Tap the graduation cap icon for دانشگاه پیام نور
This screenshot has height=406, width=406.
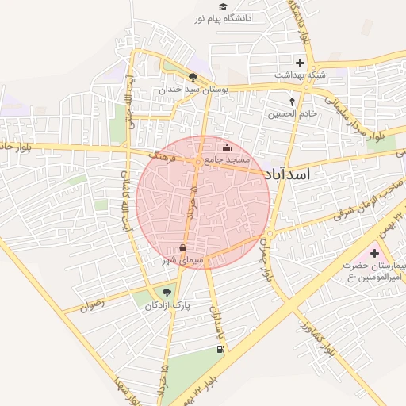tap(223, 6)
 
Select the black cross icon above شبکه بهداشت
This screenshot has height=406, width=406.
tap(301, 62)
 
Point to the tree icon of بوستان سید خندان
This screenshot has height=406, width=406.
tap(193, 76)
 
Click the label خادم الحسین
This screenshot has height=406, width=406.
tap(292, 113)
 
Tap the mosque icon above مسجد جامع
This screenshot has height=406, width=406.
tap(228, 147)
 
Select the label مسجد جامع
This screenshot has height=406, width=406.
tap(227, 159)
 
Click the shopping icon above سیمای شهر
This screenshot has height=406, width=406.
tap(183, 247)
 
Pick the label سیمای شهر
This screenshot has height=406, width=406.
tap(183, 260)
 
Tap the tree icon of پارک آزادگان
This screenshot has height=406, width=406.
tap(166, 292)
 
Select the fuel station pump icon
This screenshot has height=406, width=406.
tap(220, 349)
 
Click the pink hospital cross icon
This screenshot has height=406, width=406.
tap(374, 252)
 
